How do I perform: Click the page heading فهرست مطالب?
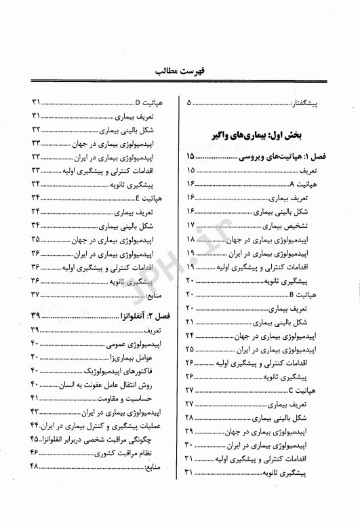180,69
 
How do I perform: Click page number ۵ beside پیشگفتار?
189,103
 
